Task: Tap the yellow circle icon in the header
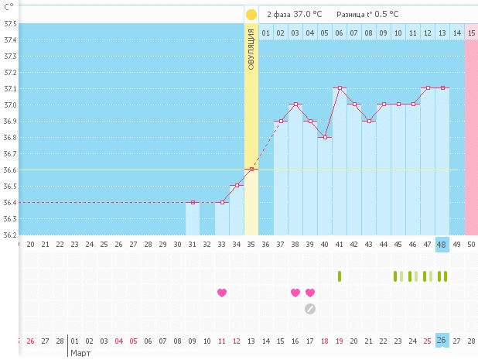[251, 14]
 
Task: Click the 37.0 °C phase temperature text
[307, 14]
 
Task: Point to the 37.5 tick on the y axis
[10, 23]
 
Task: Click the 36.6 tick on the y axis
[10, 170]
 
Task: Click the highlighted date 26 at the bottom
[442, 341]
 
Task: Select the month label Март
[81, 353]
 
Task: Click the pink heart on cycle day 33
[222, 293]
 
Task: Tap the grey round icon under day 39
[310, 309]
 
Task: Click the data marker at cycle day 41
[340, 88]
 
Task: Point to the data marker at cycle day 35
[251, 170]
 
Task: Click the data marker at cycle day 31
[193, 202]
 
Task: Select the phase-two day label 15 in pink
[471, 33]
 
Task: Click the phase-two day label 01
[266, 33]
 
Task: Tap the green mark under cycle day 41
[340, 276]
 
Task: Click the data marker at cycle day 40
[325, 137]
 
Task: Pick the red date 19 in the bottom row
[340, 341]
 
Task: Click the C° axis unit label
[9, 6]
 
